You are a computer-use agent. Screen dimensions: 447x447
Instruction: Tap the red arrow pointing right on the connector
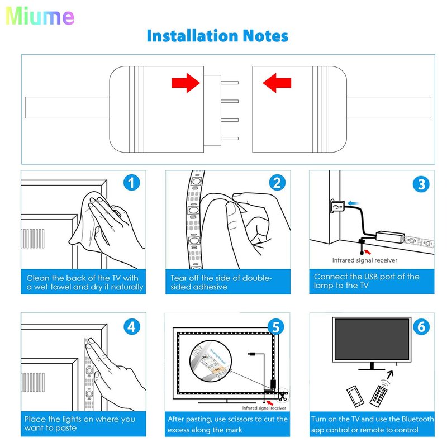pyautogui.click(x=186, y=84)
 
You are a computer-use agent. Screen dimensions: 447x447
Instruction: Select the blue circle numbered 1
pyautogui.click(x=132, y=183)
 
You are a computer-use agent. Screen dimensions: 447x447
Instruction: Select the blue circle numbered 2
pyautogui.click(x=278, y=183)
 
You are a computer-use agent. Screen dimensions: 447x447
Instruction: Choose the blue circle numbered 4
pyautogui.click(x=132, y=326)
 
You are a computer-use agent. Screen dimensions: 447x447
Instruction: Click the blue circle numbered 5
pyautogui.click(x=275, y=326)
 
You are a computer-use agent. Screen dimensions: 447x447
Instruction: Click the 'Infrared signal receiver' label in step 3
pyautogui.click(x=365, y=260)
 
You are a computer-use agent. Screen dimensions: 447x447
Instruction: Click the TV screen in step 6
pyautogui.click(x=372, y=340)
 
